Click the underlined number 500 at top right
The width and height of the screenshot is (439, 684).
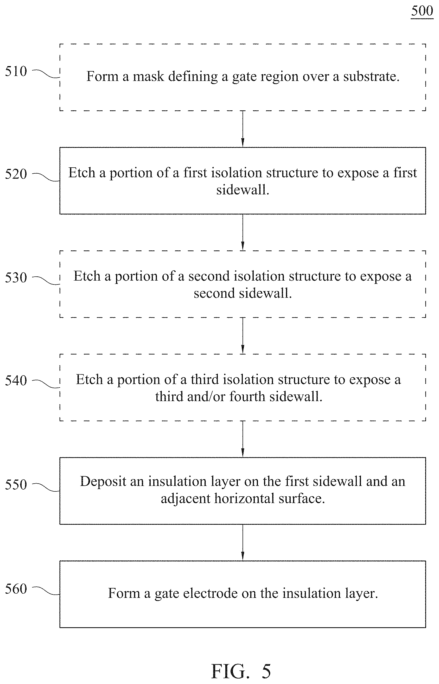(422, 11)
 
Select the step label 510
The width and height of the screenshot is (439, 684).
(16, 71)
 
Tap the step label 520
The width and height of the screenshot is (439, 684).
(16, 174)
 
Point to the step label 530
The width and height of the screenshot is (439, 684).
(16, 277)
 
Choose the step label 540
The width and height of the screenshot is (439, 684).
(16, 381)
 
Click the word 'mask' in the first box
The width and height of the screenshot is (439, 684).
(149, 77)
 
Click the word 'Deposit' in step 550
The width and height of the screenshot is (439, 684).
(103, 482)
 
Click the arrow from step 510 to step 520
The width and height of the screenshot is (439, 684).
(243, 129)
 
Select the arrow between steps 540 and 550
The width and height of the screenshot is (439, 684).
(243, 439)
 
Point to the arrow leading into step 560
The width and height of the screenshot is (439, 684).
(243, 543)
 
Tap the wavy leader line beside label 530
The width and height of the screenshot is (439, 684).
(46, 281)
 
